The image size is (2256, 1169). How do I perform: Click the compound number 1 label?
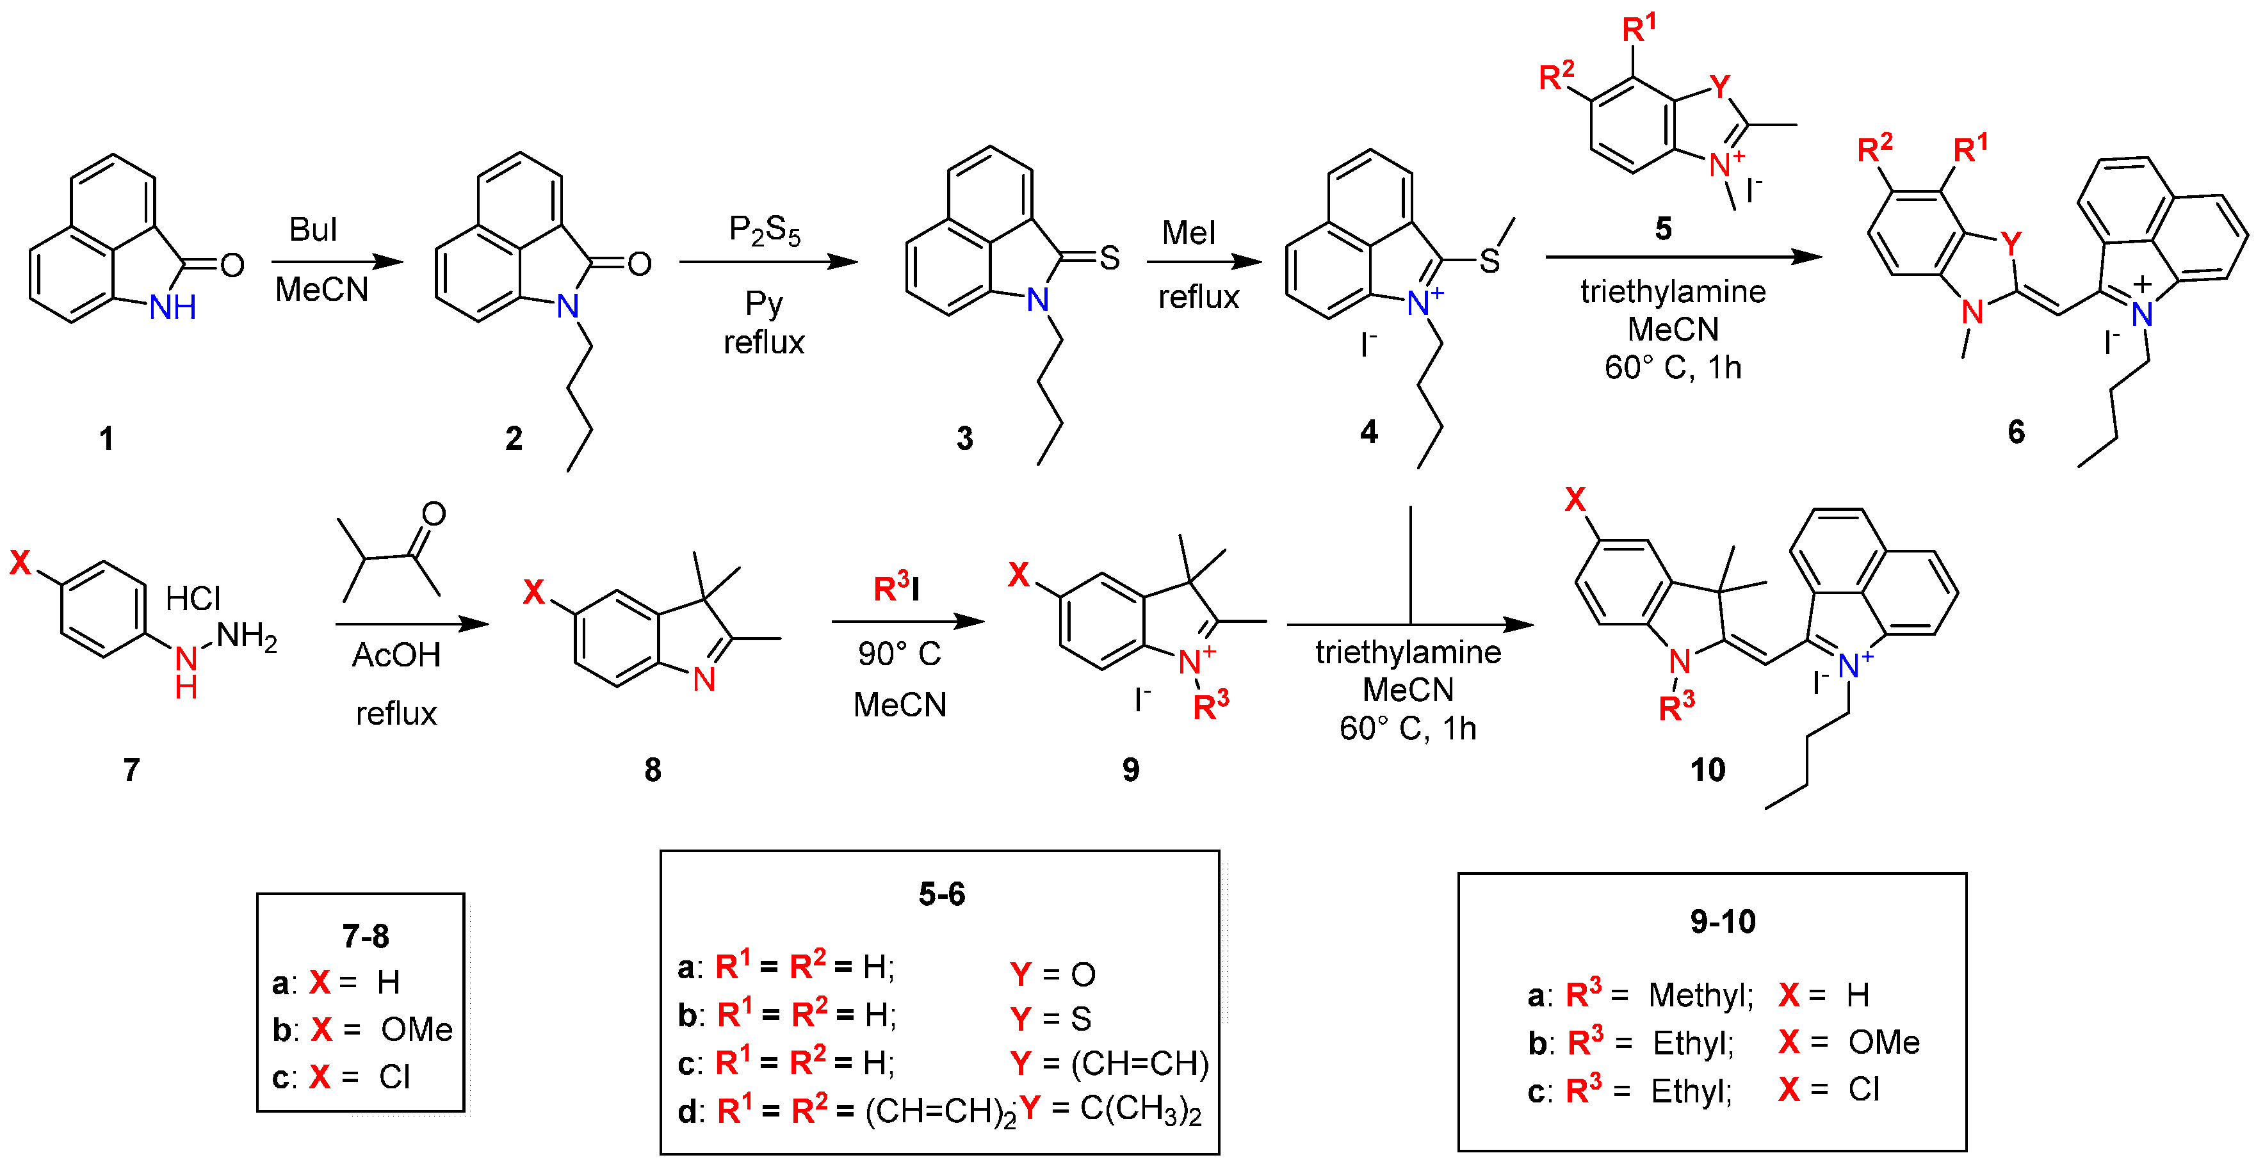106,438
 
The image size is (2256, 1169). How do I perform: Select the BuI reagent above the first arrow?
312,230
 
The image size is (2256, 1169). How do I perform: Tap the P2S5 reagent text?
764,230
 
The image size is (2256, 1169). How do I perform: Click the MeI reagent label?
1189,233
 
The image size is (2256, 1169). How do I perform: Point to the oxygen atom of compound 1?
232,265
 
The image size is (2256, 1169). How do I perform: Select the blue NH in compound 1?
172,307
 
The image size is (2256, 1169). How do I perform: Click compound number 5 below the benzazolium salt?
1663,229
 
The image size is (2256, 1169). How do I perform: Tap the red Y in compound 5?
1719,86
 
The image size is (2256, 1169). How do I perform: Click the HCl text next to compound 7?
193,599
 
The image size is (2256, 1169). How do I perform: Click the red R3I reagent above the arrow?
896,588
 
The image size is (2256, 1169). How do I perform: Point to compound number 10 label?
1707,770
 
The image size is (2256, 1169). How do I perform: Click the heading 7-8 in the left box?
365,936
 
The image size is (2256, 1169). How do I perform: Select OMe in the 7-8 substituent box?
416,1030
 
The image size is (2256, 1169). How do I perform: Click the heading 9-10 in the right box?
1722,921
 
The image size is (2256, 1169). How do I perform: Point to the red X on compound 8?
533,592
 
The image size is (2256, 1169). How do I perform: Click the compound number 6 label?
2015,431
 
